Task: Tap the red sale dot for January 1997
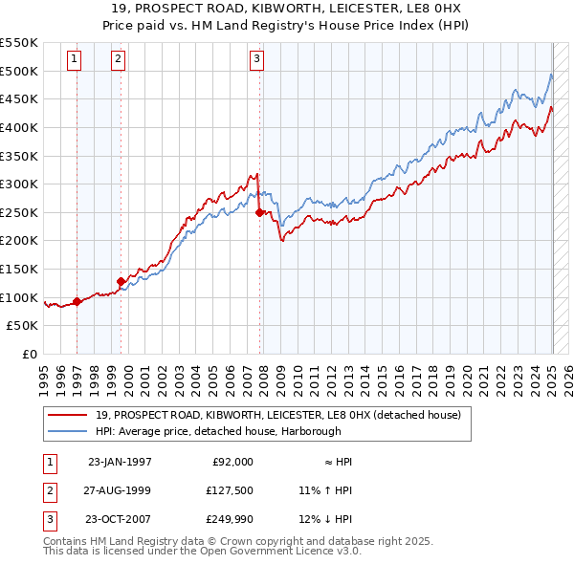tap(77, 301)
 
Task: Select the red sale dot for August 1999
tap(121, 281)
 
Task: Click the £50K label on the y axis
tap(24, 326)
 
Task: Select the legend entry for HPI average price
tap(216, 429)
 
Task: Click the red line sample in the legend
tap(67, 415)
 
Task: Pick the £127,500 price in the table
tap(231, 490)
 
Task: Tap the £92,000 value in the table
tap(232, 462)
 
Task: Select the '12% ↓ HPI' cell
tap(325, 519)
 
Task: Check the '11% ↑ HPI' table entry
tap(325, 490)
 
